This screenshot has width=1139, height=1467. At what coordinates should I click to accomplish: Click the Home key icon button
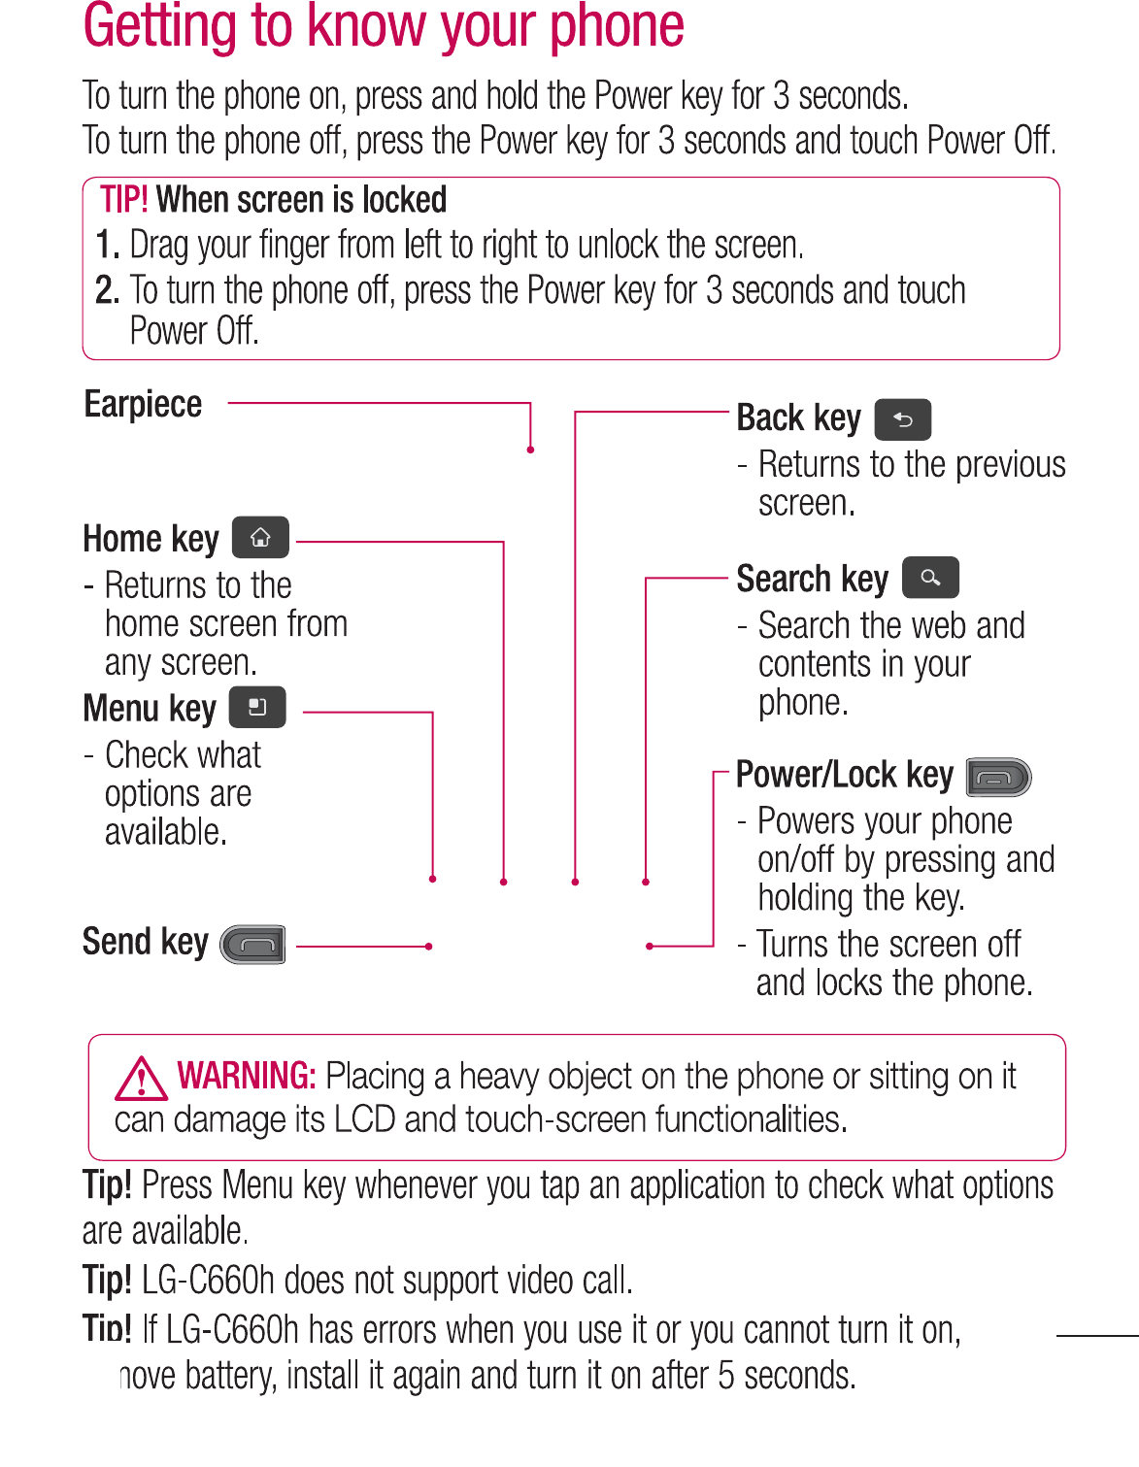(260, 538)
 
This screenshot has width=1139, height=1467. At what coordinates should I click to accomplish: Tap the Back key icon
(902, 419)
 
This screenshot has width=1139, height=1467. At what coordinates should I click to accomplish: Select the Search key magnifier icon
(930, 578)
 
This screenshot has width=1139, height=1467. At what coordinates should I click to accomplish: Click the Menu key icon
(257, 707)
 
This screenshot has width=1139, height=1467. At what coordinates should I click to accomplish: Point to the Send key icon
(253, 945)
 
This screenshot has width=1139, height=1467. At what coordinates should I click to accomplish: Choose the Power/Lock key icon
(998, 777)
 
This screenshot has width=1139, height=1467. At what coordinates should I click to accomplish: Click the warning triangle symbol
(141, 1078)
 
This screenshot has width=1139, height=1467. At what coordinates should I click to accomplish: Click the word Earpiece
(143, 404)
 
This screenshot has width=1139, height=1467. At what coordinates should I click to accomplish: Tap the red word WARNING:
(246, 1076)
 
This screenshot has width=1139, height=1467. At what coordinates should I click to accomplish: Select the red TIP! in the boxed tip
(123, 200)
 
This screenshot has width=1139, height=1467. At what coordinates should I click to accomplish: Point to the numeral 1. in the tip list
(107, 246)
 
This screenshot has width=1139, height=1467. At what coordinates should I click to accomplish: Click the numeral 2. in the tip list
(107, 290)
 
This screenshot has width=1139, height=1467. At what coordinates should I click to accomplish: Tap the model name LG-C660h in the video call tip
(208, 1281)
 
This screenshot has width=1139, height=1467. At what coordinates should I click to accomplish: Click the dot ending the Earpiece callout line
(530, 450)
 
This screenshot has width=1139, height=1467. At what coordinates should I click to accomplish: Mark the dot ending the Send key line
(428, 946)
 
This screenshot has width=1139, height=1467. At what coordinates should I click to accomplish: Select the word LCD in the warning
(364, 1119)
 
